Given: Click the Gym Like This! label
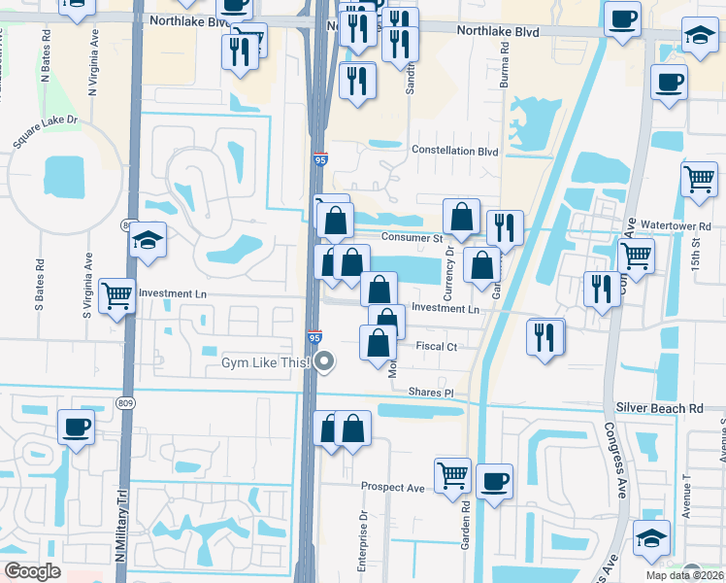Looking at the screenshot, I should pyautogui.click(x=263, y=362).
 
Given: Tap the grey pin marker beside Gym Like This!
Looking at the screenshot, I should pyautogui.click(x=325, y=362).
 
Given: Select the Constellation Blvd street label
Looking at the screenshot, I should pyautogui.click(x=455, y=151).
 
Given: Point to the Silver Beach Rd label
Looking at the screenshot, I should pyautogui.click(x=658, y=409).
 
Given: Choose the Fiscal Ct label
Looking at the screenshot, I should pyautogui.click(x=438, y=346).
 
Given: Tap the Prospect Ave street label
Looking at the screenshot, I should pyautogui.click(x=393, y=487).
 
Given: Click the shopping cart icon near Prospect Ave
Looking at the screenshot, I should pyautogui.click(x=452, y=476).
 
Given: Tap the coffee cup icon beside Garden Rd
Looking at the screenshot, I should pyautogui.click(x=494, y=481).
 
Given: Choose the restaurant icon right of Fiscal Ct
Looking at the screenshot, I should pyautogui.click(x=545, y=336).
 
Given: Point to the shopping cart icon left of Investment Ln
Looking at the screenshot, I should pyautogui.click(x=116, y=294).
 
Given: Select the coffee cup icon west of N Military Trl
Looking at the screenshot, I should pyautogui.click(x=76, y=427).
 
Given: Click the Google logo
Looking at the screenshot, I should pyautogui.click(x=32, y=571).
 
